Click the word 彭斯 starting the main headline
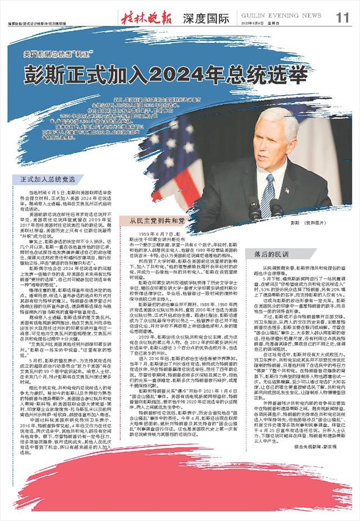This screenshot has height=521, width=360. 47,74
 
